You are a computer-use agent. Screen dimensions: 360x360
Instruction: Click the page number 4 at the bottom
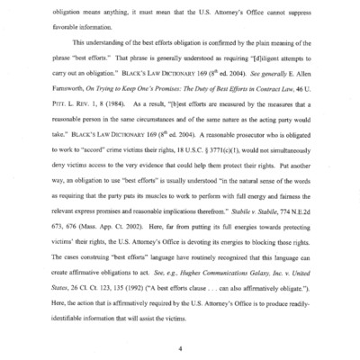point(181,346)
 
